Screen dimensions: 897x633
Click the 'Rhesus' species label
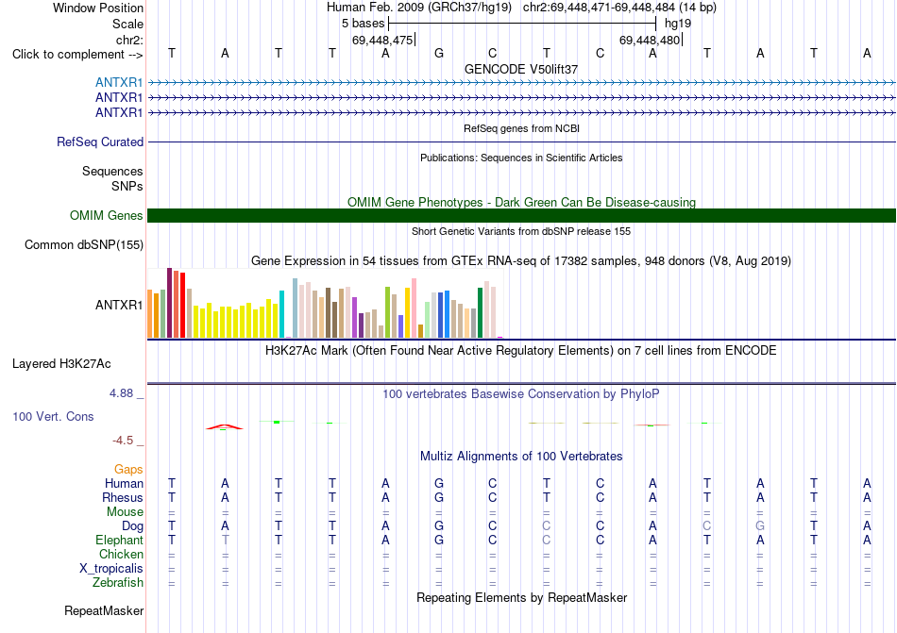123,497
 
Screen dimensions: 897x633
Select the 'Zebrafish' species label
118,583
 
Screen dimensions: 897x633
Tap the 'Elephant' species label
120,540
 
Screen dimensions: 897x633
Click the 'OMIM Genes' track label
107,215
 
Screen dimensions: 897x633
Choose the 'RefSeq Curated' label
100,142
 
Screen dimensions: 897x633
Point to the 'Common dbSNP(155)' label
84,244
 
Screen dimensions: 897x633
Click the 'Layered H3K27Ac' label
61,364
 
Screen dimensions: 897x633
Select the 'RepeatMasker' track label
104,610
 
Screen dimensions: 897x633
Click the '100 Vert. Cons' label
53,416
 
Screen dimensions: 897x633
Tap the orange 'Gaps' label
128,469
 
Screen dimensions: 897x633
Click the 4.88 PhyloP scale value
121,393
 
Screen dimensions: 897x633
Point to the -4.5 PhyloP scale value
123,440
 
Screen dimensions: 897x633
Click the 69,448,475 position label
382,40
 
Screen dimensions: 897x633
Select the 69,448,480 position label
650,40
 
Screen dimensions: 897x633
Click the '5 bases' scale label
364,24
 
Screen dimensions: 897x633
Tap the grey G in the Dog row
760,525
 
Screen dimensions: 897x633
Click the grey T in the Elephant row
226,540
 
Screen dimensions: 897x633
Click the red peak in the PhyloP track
225,426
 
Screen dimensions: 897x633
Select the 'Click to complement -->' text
77,55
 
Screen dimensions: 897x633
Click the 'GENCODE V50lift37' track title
521,69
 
